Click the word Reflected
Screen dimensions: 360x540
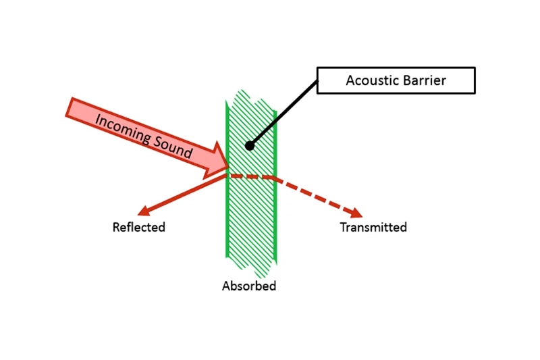coord(138,227)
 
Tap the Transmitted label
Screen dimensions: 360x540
coord(373,227)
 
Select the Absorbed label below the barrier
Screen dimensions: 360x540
coord(249,286)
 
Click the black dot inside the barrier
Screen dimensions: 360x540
coord(250,145)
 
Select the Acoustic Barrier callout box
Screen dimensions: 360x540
coord(396,80)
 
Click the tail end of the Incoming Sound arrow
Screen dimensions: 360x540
coord(72,108)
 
